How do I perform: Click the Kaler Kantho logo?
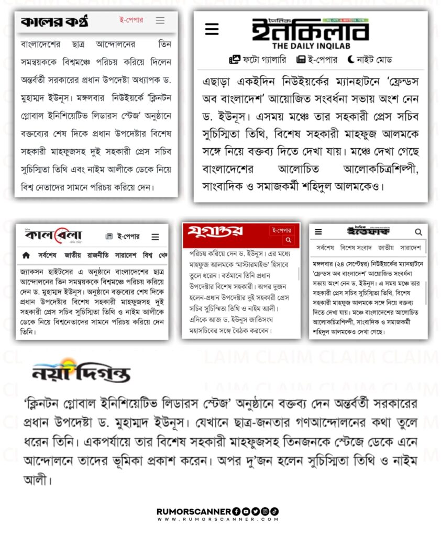(54, 21)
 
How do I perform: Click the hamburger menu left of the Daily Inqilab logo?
(212, 30)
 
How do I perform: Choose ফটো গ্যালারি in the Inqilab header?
(258, 59)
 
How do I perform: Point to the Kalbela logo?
(53, 236)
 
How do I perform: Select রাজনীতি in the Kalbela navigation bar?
(102, 255)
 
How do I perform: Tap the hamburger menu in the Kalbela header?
(156, 237)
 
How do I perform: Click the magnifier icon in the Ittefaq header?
(418, 231)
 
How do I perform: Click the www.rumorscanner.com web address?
(217, 519)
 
